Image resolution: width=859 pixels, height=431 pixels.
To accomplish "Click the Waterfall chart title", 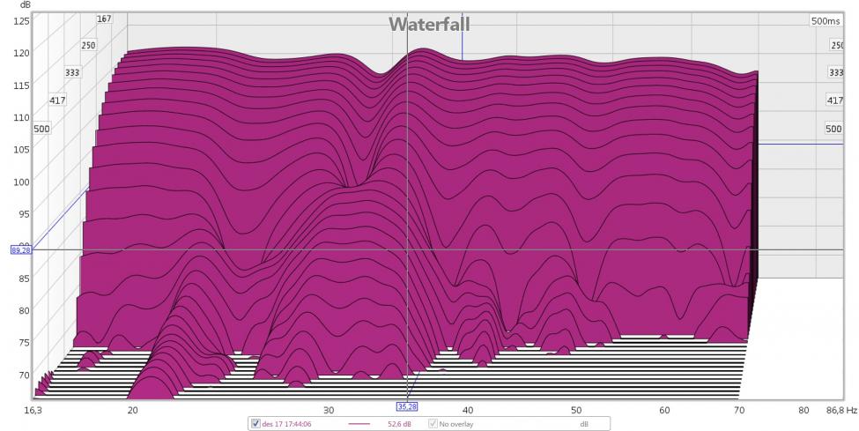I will pos(429,24).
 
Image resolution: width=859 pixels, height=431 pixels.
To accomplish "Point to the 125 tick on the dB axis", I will pos(19,20).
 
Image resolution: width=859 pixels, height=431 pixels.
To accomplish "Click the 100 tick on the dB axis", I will pos(19,182).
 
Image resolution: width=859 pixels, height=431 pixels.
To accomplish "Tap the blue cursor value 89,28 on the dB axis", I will pos(20,250).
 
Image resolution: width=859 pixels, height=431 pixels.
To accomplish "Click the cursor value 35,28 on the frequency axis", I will pos(407,406).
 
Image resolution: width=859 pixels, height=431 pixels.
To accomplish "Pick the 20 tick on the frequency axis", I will pos(132,411).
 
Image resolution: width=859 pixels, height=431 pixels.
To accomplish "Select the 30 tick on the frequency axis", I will pos(329,411).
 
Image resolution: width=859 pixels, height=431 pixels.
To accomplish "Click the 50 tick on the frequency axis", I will pos(576,411).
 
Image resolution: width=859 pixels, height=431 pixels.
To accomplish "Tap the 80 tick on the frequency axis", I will pos(803,411).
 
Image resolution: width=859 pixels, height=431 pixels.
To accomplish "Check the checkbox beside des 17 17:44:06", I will pos(256,424).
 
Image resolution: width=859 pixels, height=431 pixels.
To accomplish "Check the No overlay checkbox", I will pos(433,424).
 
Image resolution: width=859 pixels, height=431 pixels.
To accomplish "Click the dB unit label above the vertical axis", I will pos(12,4).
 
